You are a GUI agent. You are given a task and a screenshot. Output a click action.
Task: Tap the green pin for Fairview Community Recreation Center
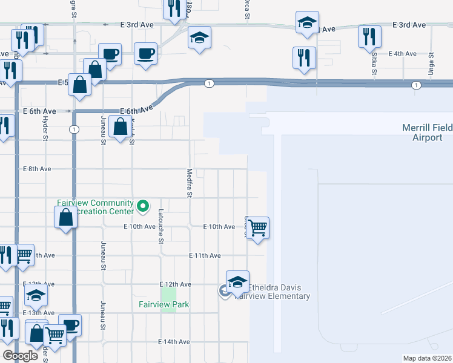click(x=143, y=207)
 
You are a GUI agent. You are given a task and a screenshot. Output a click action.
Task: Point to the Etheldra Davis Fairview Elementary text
click(x=272, y=292)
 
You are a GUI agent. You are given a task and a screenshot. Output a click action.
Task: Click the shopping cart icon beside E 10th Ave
click(x=258, y=228)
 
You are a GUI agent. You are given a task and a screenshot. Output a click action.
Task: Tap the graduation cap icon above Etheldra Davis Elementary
click(x=237, y=281)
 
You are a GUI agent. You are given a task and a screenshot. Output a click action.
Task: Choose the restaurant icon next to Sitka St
click(x=369, y=37)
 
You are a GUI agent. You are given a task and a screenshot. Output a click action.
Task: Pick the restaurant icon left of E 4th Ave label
click(x=304, y=58)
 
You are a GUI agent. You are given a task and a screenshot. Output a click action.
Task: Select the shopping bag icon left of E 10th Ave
click(x=65, y=218)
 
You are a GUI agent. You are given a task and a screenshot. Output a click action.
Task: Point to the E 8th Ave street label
click(x=36, y=169)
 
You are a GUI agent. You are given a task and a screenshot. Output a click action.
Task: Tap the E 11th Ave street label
click(x=205, y=256)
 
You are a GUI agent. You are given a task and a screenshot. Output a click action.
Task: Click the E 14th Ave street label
click(x=174, y=342)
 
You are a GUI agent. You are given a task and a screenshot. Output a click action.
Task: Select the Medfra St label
click(x=189, y=183)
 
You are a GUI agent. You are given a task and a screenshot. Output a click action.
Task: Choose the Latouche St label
click(x=161, y=226)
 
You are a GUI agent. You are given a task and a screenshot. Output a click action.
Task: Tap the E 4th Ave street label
click(x=403, y=54)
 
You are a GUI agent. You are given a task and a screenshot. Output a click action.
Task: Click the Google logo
click(x=21, y=356)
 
